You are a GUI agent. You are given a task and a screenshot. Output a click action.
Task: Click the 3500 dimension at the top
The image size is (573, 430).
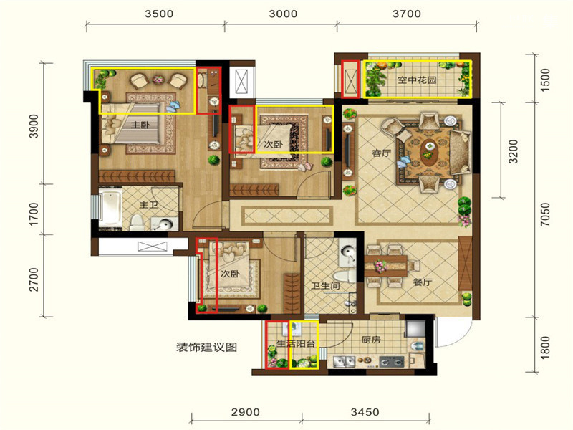[159, 14]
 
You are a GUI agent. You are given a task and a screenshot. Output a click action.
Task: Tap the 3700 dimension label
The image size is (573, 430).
[407, 14]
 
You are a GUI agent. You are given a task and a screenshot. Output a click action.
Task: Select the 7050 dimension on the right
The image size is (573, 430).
[545, 214]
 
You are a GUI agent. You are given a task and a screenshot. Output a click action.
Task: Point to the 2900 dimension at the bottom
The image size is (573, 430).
[246, 412]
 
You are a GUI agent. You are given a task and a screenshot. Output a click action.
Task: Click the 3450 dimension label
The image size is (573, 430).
[365, 412]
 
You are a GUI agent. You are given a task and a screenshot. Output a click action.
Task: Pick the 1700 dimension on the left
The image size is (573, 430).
[33, 214]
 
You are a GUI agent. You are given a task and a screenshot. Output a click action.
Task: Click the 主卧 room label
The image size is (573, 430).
[140, 125]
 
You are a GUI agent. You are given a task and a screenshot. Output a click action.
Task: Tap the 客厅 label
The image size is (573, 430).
[382, 153]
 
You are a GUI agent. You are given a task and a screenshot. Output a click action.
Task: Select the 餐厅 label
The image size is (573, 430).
[423, 282]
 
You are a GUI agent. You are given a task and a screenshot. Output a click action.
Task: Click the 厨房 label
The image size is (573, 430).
[371, 340]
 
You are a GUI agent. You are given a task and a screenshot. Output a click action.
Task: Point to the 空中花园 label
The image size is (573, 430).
[417, 80]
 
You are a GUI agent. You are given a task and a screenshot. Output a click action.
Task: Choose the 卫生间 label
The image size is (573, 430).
[325, 285]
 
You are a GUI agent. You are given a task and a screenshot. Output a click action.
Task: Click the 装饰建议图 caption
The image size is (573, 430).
[206, 347]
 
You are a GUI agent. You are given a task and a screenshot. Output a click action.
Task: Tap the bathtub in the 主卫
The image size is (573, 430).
[110, 208]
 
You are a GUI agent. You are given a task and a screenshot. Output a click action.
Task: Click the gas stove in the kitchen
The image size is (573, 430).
[392, 362]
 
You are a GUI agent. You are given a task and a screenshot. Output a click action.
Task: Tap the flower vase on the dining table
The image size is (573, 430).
[381, 265]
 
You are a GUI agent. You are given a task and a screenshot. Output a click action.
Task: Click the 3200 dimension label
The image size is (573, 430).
[514, 151]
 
